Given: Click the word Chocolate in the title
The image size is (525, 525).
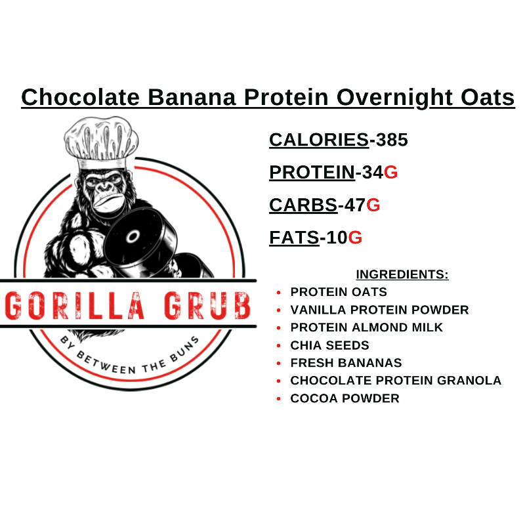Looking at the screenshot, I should (81, 97).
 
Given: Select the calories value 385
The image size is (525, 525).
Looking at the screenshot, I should (392, 140).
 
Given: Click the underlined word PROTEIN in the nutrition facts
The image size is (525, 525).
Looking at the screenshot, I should (312, 173).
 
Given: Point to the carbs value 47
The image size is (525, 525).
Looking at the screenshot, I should (354, 205).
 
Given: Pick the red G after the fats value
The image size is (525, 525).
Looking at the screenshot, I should (355, 238).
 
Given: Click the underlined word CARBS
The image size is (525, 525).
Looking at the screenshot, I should (303, 205).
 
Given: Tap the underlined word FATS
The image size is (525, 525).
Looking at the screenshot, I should (294, 238).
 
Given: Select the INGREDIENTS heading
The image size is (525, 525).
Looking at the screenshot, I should (402, 274).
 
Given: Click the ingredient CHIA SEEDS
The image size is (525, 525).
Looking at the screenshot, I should (329, 345).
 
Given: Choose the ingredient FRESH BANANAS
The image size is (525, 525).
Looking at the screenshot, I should (346, 363).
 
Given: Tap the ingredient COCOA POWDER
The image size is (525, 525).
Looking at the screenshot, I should (345, 398).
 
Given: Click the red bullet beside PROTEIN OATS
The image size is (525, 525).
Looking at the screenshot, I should (279, 292).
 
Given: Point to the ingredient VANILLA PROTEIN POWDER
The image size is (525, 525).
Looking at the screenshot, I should (379, 310).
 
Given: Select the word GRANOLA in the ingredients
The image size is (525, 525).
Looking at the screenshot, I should (471, 381).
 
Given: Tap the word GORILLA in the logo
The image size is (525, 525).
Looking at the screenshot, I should (74, 304).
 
